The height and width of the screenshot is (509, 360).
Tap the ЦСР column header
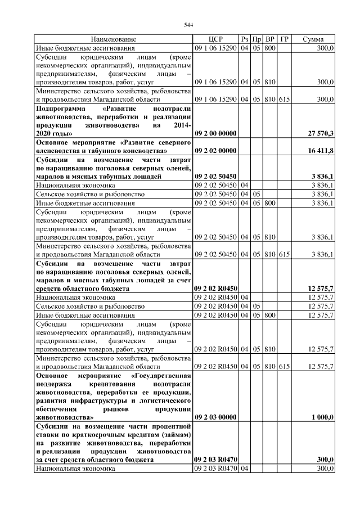215,39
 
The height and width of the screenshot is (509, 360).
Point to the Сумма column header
313,39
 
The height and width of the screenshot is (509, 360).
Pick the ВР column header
270,39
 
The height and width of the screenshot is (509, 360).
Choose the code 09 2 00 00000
215,133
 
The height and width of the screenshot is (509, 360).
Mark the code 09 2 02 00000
215,151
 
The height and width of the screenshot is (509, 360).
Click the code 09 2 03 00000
215,418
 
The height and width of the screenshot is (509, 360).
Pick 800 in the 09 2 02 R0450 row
270,315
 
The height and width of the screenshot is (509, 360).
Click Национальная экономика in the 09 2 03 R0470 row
75,469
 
